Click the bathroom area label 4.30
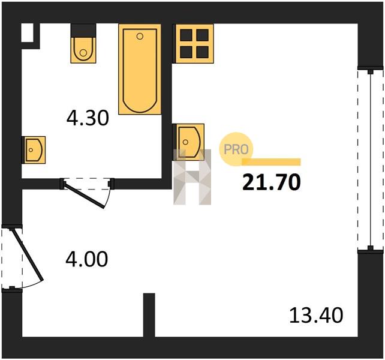[88, 118]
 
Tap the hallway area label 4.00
[87, 259]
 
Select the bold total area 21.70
[271, 182]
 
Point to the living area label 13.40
[316, 315]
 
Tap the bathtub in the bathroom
[140, 69]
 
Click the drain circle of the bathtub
[140, 37]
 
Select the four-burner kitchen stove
[193, 43]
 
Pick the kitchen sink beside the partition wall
[189, 142]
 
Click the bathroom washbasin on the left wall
[34, 150]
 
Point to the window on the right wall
[371, 160]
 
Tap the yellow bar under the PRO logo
[271, 162]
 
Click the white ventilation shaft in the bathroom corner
[28, 32]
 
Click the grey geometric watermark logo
[192, 177]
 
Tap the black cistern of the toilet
[83, 31]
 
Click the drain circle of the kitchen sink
[186, 142]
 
